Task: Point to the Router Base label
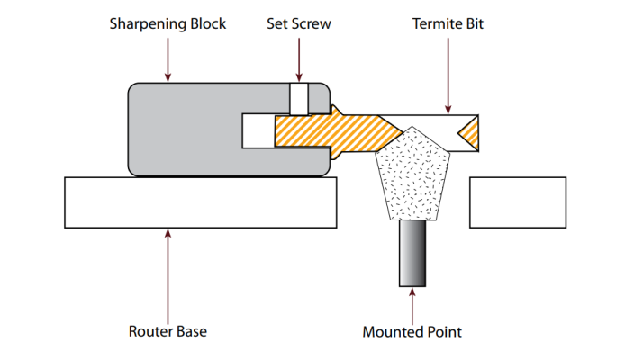168,331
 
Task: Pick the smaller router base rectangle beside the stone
518,202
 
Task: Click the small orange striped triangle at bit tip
469,133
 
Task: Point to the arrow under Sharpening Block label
168,58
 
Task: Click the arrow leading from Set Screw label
298,58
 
